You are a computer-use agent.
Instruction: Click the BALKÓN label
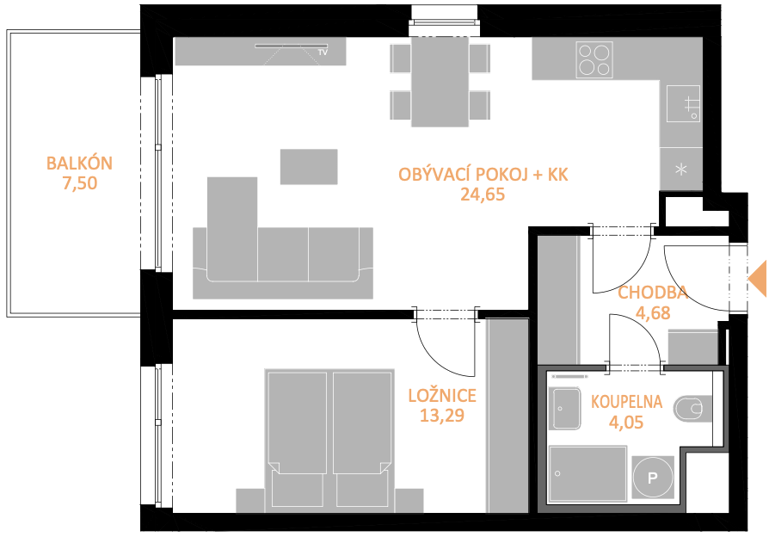tap(79, 163)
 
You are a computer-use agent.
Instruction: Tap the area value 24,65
tap(483, 194)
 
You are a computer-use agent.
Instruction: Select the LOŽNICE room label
tap(442, 395)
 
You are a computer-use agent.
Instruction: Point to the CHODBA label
tap(652, 293)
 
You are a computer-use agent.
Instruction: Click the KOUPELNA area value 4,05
tap(626, 423)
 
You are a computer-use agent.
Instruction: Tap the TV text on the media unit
tap(323, 52)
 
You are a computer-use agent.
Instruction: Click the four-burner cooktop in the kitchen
tap(594, 60)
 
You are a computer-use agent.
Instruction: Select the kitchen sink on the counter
tap(683, 103)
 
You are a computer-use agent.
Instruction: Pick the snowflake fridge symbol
tap(681, 170)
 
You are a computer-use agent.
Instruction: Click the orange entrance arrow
tap(758, 279)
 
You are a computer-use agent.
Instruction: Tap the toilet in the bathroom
tap(692, 409)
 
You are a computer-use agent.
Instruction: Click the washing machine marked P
tap(653, 477)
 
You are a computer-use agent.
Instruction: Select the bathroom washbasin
tap(567, 409)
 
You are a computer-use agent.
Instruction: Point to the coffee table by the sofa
tap(309, 167)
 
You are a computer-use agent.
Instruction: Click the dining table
tap(440, 82)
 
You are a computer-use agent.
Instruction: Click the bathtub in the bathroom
tap(588, 474)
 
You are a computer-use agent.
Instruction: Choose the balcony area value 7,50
tap(79, 183)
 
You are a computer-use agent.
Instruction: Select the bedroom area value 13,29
tap(442, 416)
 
